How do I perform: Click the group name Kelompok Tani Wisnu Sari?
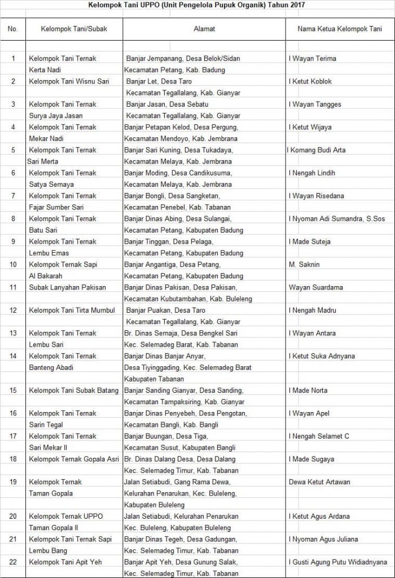[x=69, y=81]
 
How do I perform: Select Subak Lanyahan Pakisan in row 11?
[x=67, y=287]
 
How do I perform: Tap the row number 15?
[x=13, y=391]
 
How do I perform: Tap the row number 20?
[x=13, y=516]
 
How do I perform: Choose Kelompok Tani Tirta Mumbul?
[x=72, y=310]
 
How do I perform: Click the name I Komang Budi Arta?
[x=317, y=150]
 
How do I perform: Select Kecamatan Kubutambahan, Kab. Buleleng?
[x=188, y=299]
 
